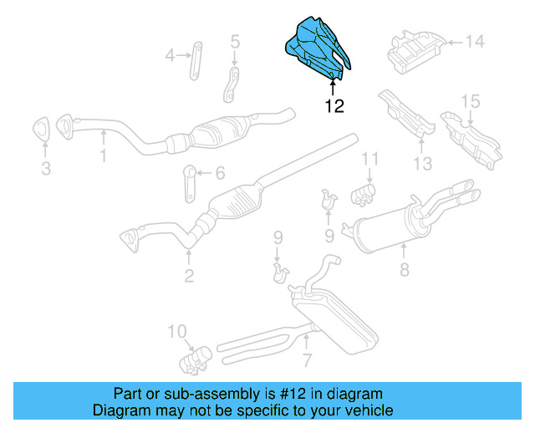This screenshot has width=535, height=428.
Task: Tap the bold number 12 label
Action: pos(334,106)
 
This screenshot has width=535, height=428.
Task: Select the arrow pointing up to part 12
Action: pos(334,86)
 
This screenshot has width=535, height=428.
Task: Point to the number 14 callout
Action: pos(475,40)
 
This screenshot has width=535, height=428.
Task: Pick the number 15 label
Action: pos(471,101)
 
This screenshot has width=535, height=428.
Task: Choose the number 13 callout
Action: pos(423,163)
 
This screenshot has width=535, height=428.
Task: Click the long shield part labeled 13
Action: pos(407,114)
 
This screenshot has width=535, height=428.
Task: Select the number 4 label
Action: pos(171,56)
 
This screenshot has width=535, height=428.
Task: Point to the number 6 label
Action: pos(220,173)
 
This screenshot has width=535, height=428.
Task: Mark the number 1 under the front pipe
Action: pos(104,155)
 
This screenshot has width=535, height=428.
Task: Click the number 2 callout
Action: pos(189,275)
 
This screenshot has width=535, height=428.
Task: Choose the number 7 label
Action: pos(307,360)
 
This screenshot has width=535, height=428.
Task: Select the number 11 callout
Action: pos(369,159)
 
